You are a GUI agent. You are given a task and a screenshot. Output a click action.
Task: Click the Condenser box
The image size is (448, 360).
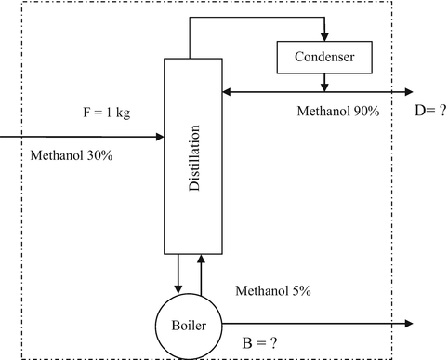(323, 59)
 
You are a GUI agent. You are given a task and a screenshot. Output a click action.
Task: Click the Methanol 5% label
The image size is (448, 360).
(273, 291)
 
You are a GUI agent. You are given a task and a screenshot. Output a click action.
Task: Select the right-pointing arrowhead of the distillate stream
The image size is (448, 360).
(408, 91)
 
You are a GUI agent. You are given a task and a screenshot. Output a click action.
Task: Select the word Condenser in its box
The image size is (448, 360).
(323, 59)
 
